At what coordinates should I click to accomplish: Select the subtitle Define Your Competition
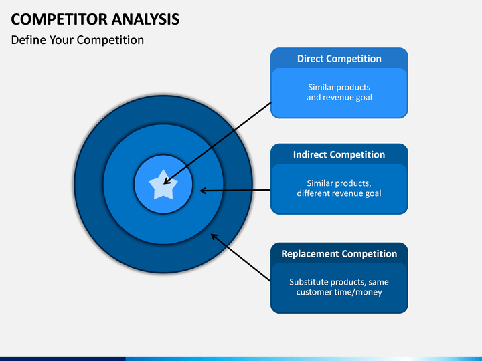[77, 40]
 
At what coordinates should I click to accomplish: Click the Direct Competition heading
[339, 59]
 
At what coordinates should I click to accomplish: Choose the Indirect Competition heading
[339, 155]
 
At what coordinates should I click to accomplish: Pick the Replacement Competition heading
[339, 254]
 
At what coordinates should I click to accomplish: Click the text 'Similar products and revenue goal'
[339, 92]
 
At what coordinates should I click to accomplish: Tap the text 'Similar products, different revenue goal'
[339, 188]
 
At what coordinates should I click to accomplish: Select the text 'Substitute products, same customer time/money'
[339, 287]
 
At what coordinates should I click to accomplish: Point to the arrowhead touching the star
[167, 179]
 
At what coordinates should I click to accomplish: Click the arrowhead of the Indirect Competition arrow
[204, 191]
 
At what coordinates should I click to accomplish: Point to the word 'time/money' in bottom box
[359, 292]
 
